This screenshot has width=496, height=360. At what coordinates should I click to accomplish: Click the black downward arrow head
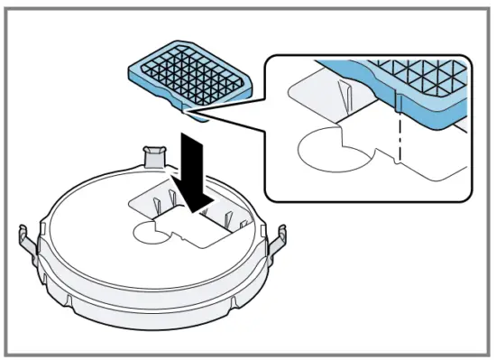pos(191,192)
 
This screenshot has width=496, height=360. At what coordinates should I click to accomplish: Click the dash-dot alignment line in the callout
pos(397,135)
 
